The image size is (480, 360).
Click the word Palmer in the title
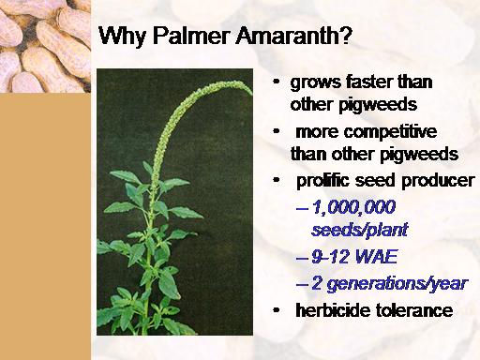[x=191, y=36]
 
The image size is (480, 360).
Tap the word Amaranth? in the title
[x=293, y=36]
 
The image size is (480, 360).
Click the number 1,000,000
[x=353, y=208]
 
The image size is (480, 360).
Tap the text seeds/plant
[x=360, y=231]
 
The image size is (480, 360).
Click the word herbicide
[x=332, y=310]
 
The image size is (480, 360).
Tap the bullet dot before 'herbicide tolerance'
[x=277, y=310]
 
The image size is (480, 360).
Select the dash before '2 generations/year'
[x=301, y=285]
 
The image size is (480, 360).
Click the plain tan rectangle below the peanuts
[x=45, y=226]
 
